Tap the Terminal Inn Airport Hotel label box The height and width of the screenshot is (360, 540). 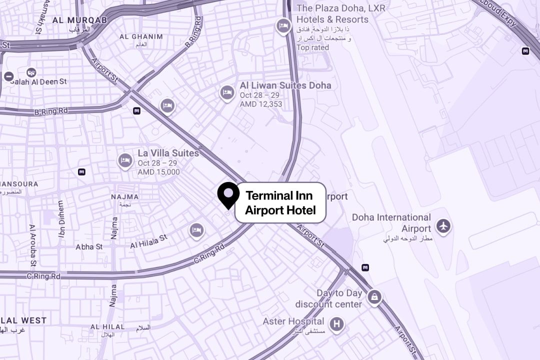280,202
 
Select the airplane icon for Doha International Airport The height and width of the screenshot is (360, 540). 443,226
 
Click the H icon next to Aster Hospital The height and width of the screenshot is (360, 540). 337,324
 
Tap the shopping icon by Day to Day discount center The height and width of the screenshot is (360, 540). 374,298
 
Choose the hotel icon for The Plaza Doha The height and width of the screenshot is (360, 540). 284,25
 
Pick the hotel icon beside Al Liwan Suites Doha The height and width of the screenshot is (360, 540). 227,92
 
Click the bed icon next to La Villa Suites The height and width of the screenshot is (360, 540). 125,160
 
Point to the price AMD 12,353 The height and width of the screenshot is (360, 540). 260,104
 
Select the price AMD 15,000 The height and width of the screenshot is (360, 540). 158,172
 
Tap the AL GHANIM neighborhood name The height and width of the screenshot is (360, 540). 141,36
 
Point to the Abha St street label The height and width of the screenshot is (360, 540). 89,246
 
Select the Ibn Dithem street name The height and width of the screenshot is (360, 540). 61,219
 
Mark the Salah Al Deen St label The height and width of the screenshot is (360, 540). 38,81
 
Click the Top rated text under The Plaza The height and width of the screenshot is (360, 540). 312,47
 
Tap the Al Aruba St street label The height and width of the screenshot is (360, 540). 33,245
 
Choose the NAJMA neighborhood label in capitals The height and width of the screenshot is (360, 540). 124,197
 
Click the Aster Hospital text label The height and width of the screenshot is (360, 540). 293,321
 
